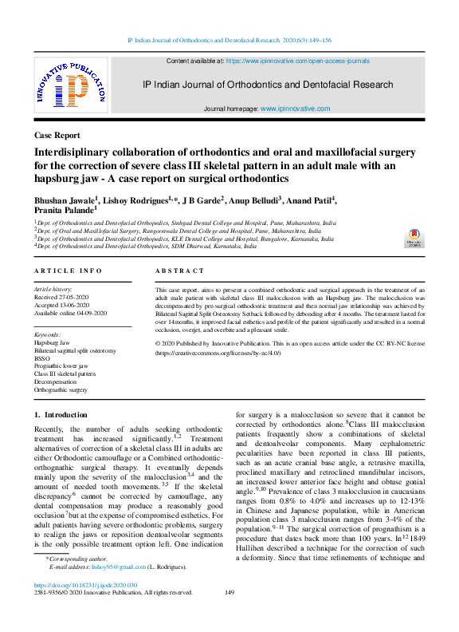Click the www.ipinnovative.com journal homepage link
(295, 109)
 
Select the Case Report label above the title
(57, 136)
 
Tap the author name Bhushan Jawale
(64, 197)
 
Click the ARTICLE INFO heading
(68, 271)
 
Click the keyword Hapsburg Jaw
(52, 342)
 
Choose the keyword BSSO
(43, 357)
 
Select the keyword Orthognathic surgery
(61, 390)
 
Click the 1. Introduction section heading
(61, 415)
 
